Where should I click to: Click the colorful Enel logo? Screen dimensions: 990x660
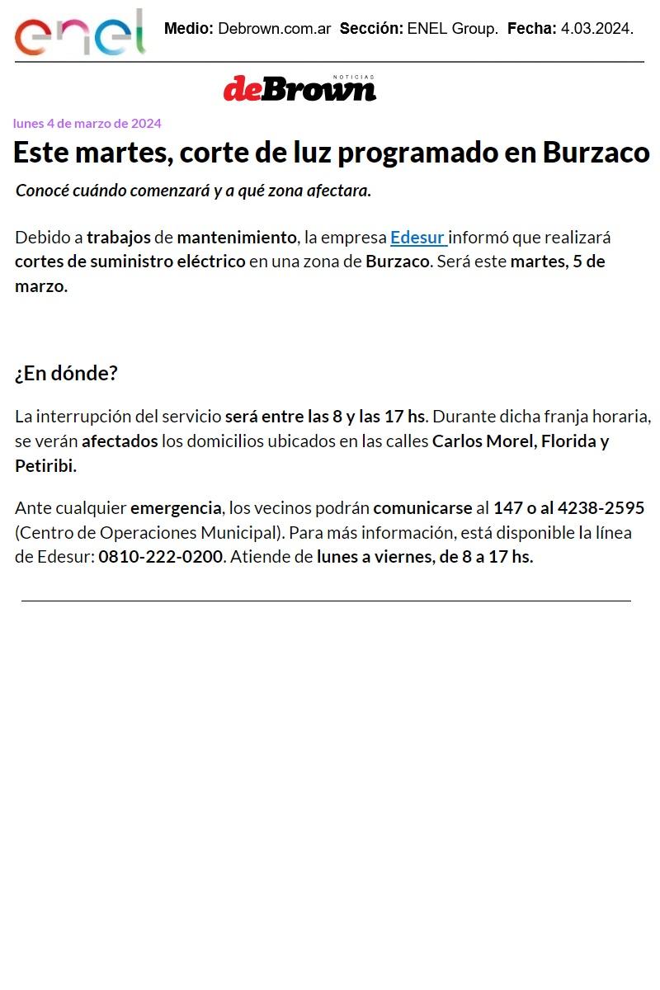80,34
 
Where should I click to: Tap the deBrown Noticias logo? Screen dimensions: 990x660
299,88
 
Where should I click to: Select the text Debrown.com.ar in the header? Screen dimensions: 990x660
274,29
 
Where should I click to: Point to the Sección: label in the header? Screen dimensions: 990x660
371,29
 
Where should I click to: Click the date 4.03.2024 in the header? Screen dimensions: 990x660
596,29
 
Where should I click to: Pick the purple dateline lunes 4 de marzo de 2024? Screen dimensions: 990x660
87,124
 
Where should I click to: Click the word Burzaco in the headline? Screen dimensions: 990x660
596,153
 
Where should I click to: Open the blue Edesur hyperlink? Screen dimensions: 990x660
417,238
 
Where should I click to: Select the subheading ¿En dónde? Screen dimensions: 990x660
66,373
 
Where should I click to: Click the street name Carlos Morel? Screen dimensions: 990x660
483,441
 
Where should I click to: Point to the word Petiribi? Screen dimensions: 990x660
45,465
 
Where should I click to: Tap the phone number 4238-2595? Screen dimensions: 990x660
601,507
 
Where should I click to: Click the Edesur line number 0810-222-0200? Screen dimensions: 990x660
161,556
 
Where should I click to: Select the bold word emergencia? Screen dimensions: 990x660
176,507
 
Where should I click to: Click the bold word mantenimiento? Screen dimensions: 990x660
236,238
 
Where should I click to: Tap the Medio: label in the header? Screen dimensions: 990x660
189,29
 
